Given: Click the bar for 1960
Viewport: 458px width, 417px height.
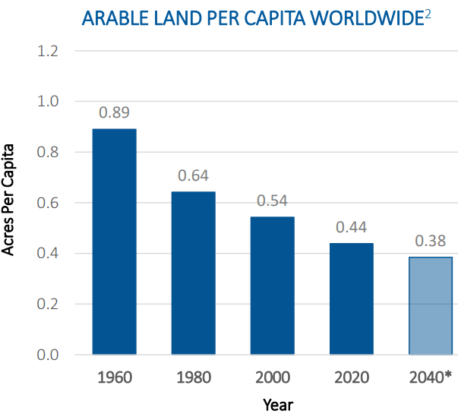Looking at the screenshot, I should coord(114,242).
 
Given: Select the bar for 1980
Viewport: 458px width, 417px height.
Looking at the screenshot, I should coord(193,273).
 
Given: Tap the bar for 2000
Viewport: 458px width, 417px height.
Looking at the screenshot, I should coord(272,286).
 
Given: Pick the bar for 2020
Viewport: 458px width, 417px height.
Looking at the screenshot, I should coord(351,299).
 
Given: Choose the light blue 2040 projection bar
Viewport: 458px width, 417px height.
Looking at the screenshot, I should coord(430,305).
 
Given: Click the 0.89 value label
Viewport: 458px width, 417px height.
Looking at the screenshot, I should coord(114,112).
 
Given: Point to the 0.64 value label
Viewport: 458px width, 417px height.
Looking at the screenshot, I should coord(193,175).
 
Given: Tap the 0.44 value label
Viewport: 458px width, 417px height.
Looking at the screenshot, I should coord(351,226).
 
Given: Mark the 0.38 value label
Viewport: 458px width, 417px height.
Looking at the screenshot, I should coord(430,242).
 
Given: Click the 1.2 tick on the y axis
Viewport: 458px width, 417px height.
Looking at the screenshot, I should coord(49,51).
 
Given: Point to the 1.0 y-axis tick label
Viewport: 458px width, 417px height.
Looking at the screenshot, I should coord(49,101).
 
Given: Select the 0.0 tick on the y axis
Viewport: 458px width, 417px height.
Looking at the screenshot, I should coord(49,355).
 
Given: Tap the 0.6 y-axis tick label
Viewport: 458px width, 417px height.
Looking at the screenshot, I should coord(49,203).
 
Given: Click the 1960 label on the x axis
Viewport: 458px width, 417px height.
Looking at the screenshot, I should coord(114,377).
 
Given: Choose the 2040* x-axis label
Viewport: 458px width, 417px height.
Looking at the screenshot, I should coord(431,377).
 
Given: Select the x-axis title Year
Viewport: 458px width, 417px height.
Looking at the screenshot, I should coord(278,404).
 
